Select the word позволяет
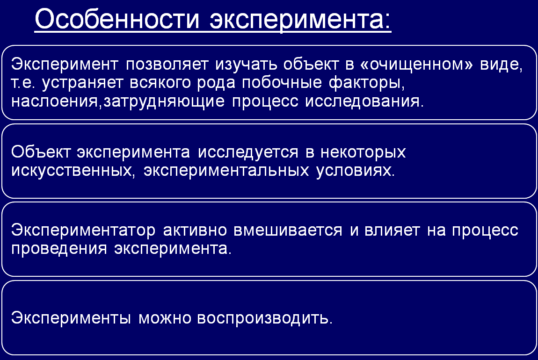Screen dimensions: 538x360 pos(167,64)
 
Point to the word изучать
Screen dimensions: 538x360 pos(246,64)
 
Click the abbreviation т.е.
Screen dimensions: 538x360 pos(23,83)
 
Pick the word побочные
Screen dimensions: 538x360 pos(282,82)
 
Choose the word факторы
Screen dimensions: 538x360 pos(366,83)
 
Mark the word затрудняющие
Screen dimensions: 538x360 pos(164,101)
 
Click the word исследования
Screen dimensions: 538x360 pos(364,101)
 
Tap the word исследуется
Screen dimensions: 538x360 pos(248,152)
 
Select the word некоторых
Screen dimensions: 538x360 pos(363,152)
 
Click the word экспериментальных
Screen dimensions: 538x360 pos(226,171)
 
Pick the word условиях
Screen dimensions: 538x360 pos(356,170)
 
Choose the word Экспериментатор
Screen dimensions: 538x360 pos(83,230)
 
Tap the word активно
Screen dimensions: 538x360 pos(195,230)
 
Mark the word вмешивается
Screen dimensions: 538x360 pos(288,230)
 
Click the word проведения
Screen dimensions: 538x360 pos(59,249)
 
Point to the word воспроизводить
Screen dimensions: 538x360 pos(264,318)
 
